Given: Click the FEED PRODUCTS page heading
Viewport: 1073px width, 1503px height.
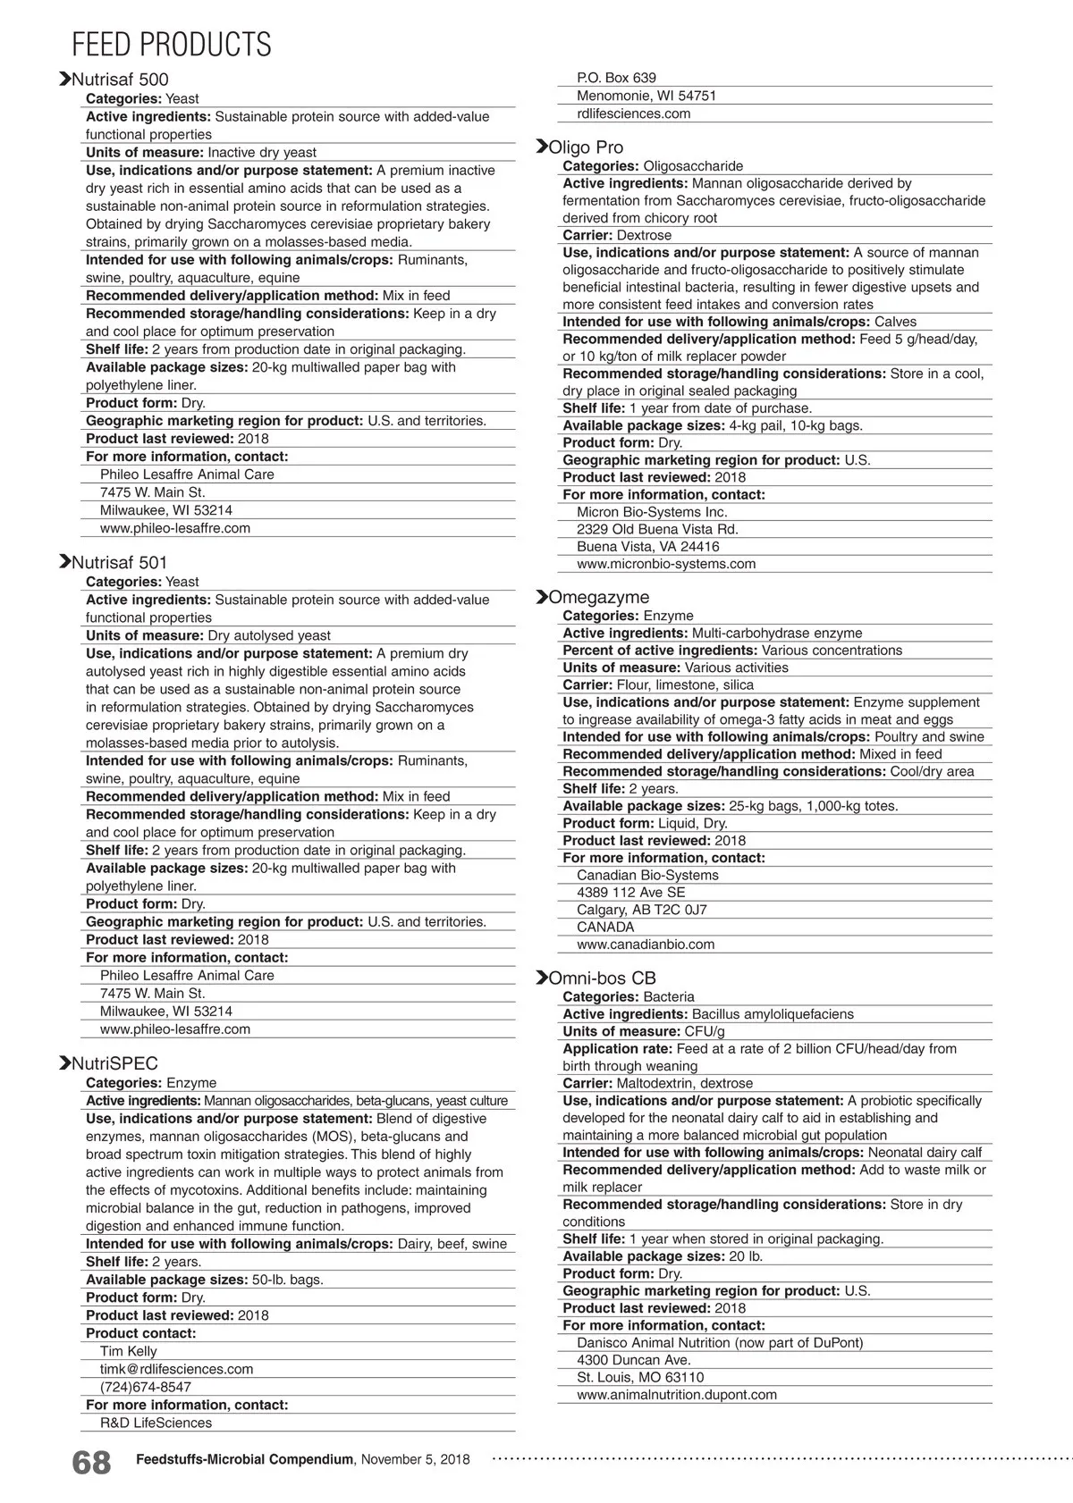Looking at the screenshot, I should [x=171, y=44].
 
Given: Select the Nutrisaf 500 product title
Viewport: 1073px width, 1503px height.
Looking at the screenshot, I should [x=119, y=80].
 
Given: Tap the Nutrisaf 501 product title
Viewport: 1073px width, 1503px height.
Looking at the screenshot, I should [x=119, y=563].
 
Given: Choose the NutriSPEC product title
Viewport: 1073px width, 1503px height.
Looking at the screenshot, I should [x=114, y=1063].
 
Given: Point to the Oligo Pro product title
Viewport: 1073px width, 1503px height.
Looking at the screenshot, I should [x=586, y=147].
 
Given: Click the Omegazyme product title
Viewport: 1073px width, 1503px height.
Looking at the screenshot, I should [x=598, y=597].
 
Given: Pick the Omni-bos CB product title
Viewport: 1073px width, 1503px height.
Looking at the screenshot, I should [x=602, y=978].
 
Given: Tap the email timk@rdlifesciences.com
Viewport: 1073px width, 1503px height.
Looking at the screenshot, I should [x=176, y=1369].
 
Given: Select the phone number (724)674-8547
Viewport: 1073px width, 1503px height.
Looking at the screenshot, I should [x=145, y=1387].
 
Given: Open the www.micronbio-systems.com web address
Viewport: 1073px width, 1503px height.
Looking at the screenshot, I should [x=666, y=564].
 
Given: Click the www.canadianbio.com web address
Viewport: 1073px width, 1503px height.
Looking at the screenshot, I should [x=646, y=945].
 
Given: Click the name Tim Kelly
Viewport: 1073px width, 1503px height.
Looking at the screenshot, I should [x=128, y=1351].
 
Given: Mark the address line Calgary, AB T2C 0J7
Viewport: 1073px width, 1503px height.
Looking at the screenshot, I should [x=641, y=910].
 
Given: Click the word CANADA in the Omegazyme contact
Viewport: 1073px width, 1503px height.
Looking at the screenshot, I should [x=605, y=927].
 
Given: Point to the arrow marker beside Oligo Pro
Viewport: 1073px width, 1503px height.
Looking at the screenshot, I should [x=541, y=147].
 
